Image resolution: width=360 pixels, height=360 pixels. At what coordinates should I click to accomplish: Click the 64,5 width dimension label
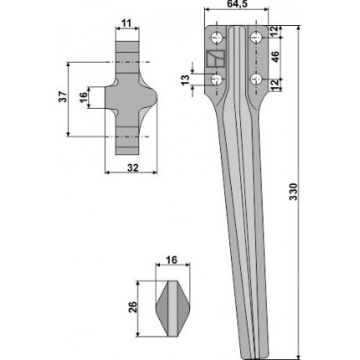236,4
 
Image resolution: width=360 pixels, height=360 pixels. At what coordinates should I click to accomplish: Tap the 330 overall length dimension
294,192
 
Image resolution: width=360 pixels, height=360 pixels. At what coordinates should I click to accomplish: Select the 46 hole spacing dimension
275,57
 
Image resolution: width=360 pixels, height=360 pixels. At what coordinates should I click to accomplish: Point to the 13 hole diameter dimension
185,80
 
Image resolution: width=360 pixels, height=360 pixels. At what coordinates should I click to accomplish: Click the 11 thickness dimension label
126,23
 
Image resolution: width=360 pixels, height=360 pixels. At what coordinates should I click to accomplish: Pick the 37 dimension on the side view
63,97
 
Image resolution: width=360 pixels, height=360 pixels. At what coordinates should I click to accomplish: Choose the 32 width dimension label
132,168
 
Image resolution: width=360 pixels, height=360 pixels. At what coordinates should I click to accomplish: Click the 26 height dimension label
133,307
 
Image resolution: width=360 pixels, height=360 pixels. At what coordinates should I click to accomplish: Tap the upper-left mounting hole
216,38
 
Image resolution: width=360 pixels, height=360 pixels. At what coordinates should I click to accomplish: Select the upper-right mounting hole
255,38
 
